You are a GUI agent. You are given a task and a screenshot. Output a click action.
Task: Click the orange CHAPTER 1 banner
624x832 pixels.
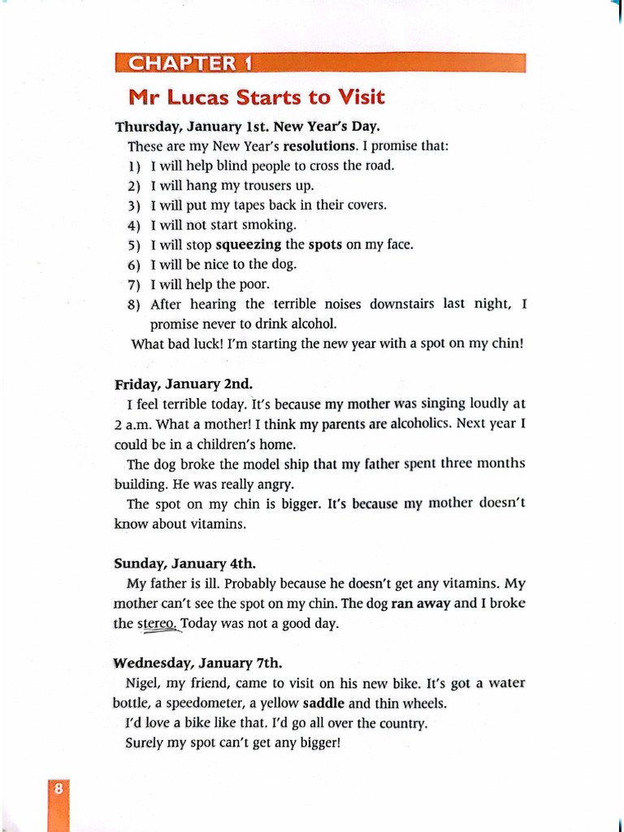320,63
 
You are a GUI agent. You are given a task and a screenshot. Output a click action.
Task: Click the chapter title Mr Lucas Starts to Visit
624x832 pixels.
256,98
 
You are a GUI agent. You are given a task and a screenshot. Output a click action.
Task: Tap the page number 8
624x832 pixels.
58,789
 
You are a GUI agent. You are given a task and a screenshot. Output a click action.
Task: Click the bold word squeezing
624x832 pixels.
249,245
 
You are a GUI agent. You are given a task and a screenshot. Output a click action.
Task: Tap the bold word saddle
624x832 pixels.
323,704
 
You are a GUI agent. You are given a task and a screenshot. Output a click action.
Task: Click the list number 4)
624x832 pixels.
135,225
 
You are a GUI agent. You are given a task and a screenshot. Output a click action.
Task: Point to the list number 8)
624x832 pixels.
135,305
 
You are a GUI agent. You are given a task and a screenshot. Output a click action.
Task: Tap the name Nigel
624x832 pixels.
143,683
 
